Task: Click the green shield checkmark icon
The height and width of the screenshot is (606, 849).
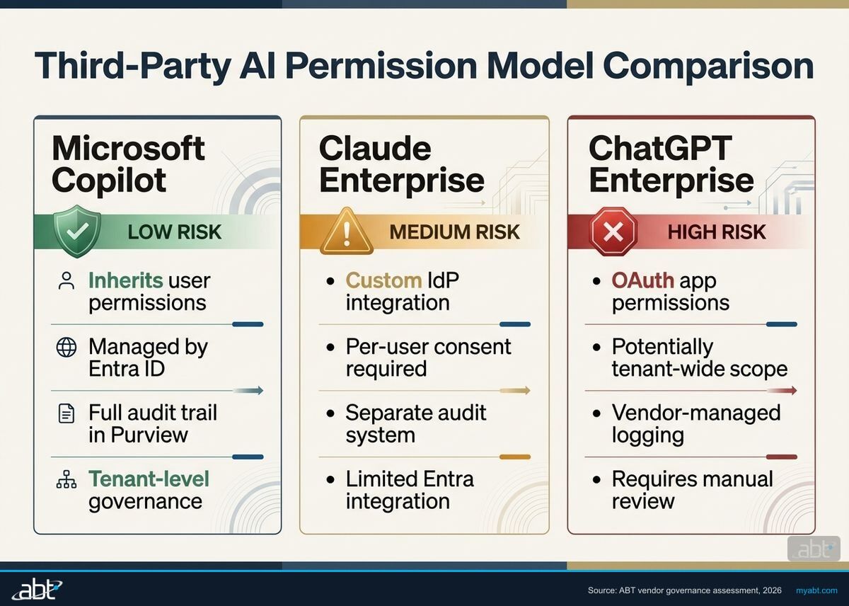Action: coord(77,231)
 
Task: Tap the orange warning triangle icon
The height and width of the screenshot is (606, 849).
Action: coord(346,231)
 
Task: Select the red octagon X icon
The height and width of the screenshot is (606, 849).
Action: coord(613,231)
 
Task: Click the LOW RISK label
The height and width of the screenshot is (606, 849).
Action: coord(174,231)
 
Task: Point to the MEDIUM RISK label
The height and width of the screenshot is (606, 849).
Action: coord(454,231)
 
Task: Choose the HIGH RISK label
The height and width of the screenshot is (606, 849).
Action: coord(716,231)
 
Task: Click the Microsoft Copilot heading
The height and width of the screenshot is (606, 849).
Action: coord(128,164)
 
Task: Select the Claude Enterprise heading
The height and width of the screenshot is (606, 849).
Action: coord(401,164)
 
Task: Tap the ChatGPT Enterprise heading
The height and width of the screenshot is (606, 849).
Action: coord(671,164)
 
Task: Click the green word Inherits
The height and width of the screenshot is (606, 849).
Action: coord(124,280)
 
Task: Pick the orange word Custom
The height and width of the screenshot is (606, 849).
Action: coord(383,280)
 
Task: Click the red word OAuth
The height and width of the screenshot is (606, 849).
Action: coord(642,280)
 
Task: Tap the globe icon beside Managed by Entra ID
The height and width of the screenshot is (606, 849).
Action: coord(66,348)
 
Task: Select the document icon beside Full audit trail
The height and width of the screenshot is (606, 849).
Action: coord(66,414)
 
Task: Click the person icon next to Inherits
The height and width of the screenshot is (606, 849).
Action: coord(66,281)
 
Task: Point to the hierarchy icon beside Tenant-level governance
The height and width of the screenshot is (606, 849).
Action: coord(66,481)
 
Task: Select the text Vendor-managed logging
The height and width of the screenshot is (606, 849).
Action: coord(695,423)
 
